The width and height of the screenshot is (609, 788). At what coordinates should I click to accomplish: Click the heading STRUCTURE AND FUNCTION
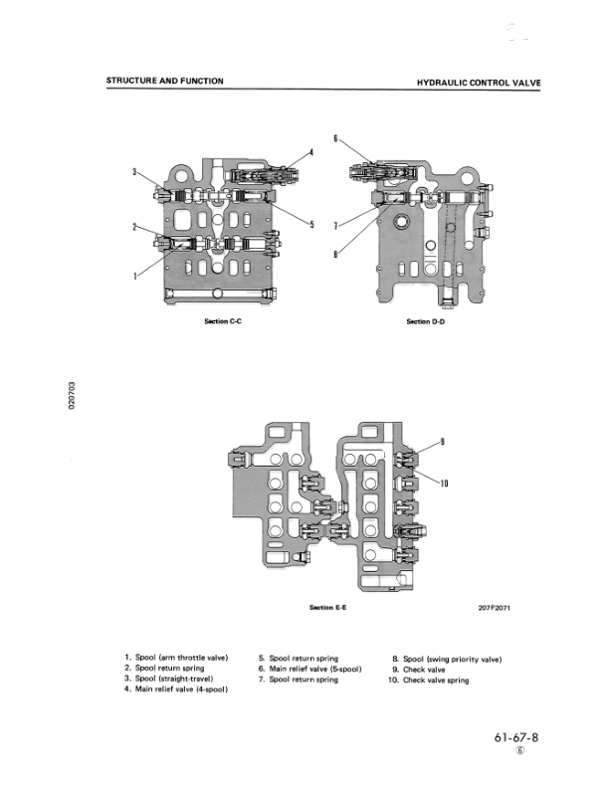tap(165, 81)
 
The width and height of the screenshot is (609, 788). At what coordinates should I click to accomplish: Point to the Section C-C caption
tap(217, 321)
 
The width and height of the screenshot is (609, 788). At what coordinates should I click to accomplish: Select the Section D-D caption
tap(425, 321)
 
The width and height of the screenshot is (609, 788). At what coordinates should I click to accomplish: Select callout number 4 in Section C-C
tap(310, 152)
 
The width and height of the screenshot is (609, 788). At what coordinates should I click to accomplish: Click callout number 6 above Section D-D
tap(335, 138)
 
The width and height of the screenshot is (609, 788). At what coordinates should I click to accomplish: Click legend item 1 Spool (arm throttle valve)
tap(176, 659)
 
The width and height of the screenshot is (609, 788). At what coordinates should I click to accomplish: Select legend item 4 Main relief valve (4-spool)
tap(176, 689)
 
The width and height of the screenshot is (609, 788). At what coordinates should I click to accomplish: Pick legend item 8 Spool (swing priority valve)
tap(446, 659)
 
